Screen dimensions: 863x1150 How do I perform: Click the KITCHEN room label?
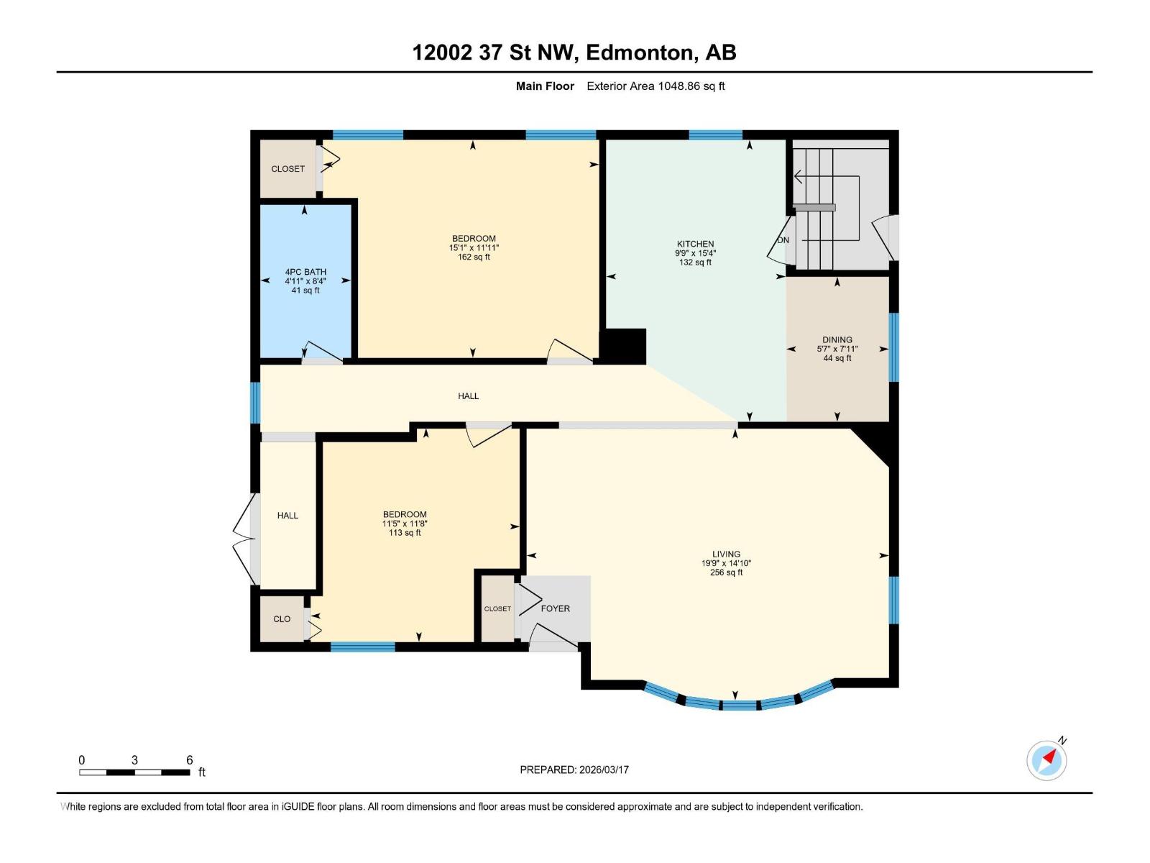(x=695, y=244)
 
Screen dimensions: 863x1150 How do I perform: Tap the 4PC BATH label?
(x=305, y=272)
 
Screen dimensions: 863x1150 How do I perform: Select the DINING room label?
(x=837, y=339)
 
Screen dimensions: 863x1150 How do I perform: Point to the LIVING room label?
(x=726, y=554)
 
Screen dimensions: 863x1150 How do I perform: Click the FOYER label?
(x=555, y=608)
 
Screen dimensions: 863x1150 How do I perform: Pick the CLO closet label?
(x=282, y=619)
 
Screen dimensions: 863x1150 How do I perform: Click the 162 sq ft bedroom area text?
(x=474, y=257)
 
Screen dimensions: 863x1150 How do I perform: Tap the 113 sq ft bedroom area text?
(x=405, y=533)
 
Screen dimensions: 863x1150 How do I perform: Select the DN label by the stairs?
(x=783, y=240)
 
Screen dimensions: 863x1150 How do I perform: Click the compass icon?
(x=1046, y=759)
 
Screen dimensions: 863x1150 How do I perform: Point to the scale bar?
(x=134, y=772)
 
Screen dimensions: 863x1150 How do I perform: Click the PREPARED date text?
(x=574, y=770)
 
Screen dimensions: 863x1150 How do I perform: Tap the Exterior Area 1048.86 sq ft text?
(x=655, y=86)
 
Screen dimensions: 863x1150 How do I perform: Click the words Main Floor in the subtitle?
(x=545, y=86)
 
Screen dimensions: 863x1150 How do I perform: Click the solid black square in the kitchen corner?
(x=623, y=346)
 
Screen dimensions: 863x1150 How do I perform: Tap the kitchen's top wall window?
(x=715, y=134)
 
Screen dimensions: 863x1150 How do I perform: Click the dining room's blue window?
(x=893, y=347)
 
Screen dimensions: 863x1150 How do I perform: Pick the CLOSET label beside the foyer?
(x=497, y=609)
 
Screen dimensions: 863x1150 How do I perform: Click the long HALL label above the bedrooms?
(x=468, y=396)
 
